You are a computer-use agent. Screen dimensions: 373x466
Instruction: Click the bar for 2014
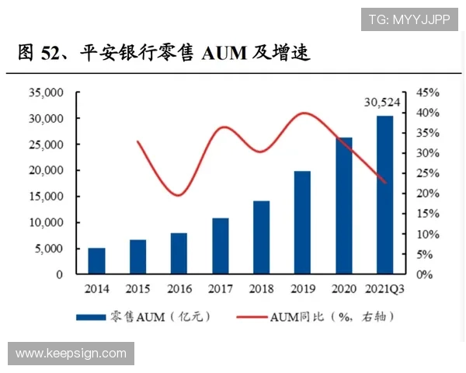coord(96,261)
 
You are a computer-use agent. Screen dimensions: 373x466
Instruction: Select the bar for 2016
coord(179,253)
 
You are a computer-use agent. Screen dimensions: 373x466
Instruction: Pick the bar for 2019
coord(302,222)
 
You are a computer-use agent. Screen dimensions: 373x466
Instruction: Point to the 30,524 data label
coord(384,102)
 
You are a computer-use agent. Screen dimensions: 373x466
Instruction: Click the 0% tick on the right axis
coord(426,274)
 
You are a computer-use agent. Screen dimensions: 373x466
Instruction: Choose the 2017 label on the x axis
coord(220,289)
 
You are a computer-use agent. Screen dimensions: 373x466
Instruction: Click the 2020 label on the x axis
coord(344,289)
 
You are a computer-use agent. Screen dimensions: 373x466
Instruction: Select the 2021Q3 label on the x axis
coord(385,289)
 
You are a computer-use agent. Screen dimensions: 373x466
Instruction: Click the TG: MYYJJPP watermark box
coord(409,19)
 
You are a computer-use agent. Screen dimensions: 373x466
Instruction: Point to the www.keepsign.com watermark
coord(71,354)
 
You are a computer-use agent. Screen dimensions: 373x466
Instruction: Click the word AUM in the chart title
coord(225,54)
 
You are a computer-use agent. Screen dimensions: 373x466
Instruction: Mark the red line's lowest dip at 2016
coord(178,195)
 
